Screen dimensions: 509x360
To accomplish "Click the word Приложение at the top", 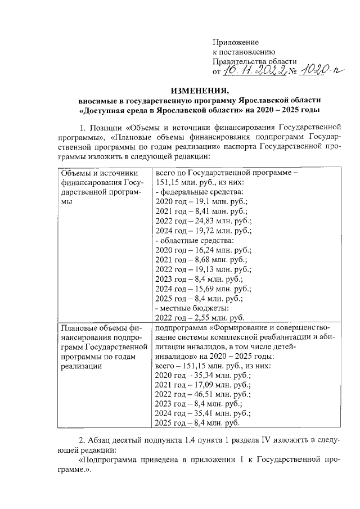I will click(235, 42).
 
